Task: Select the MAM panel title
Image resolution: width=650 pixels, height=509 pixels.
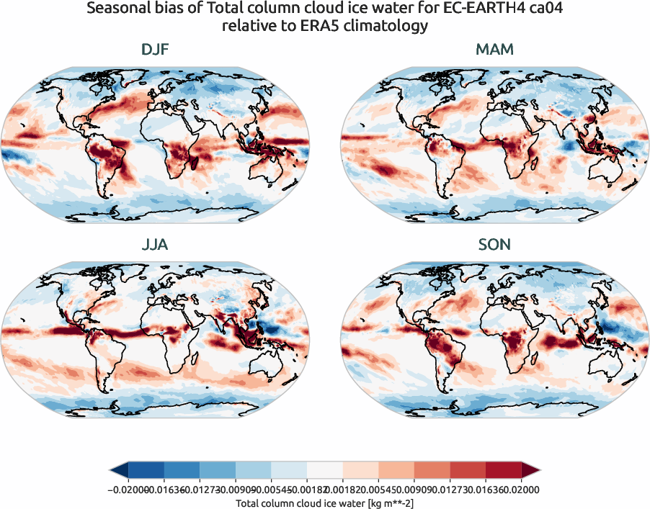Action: click(494, 50)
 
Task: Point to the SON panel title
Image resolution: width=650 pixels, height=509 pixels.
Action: click(494, 245)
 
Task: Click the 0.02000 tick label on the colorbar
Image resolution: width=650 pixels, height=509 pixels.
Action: click(522, 490)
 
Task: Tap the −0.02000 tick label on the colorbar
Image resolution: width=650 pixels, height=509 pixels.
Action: click(123, 490)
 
